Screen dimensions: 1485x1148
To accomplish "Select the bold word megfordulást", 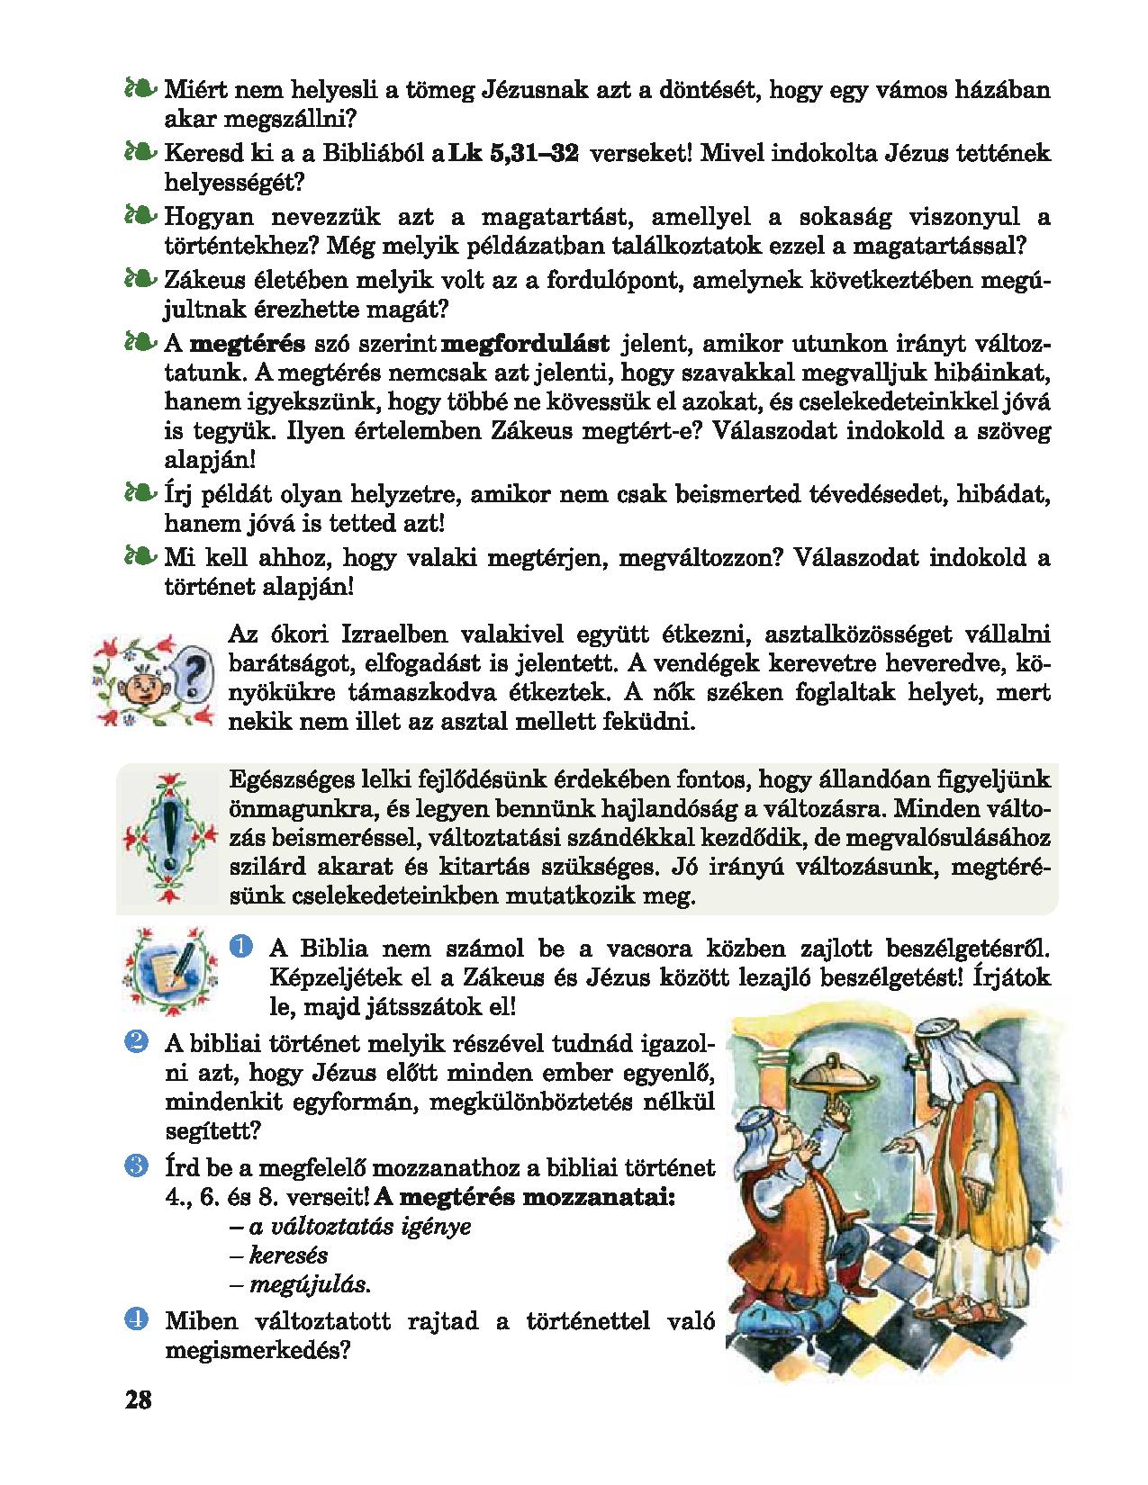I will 527,344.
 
